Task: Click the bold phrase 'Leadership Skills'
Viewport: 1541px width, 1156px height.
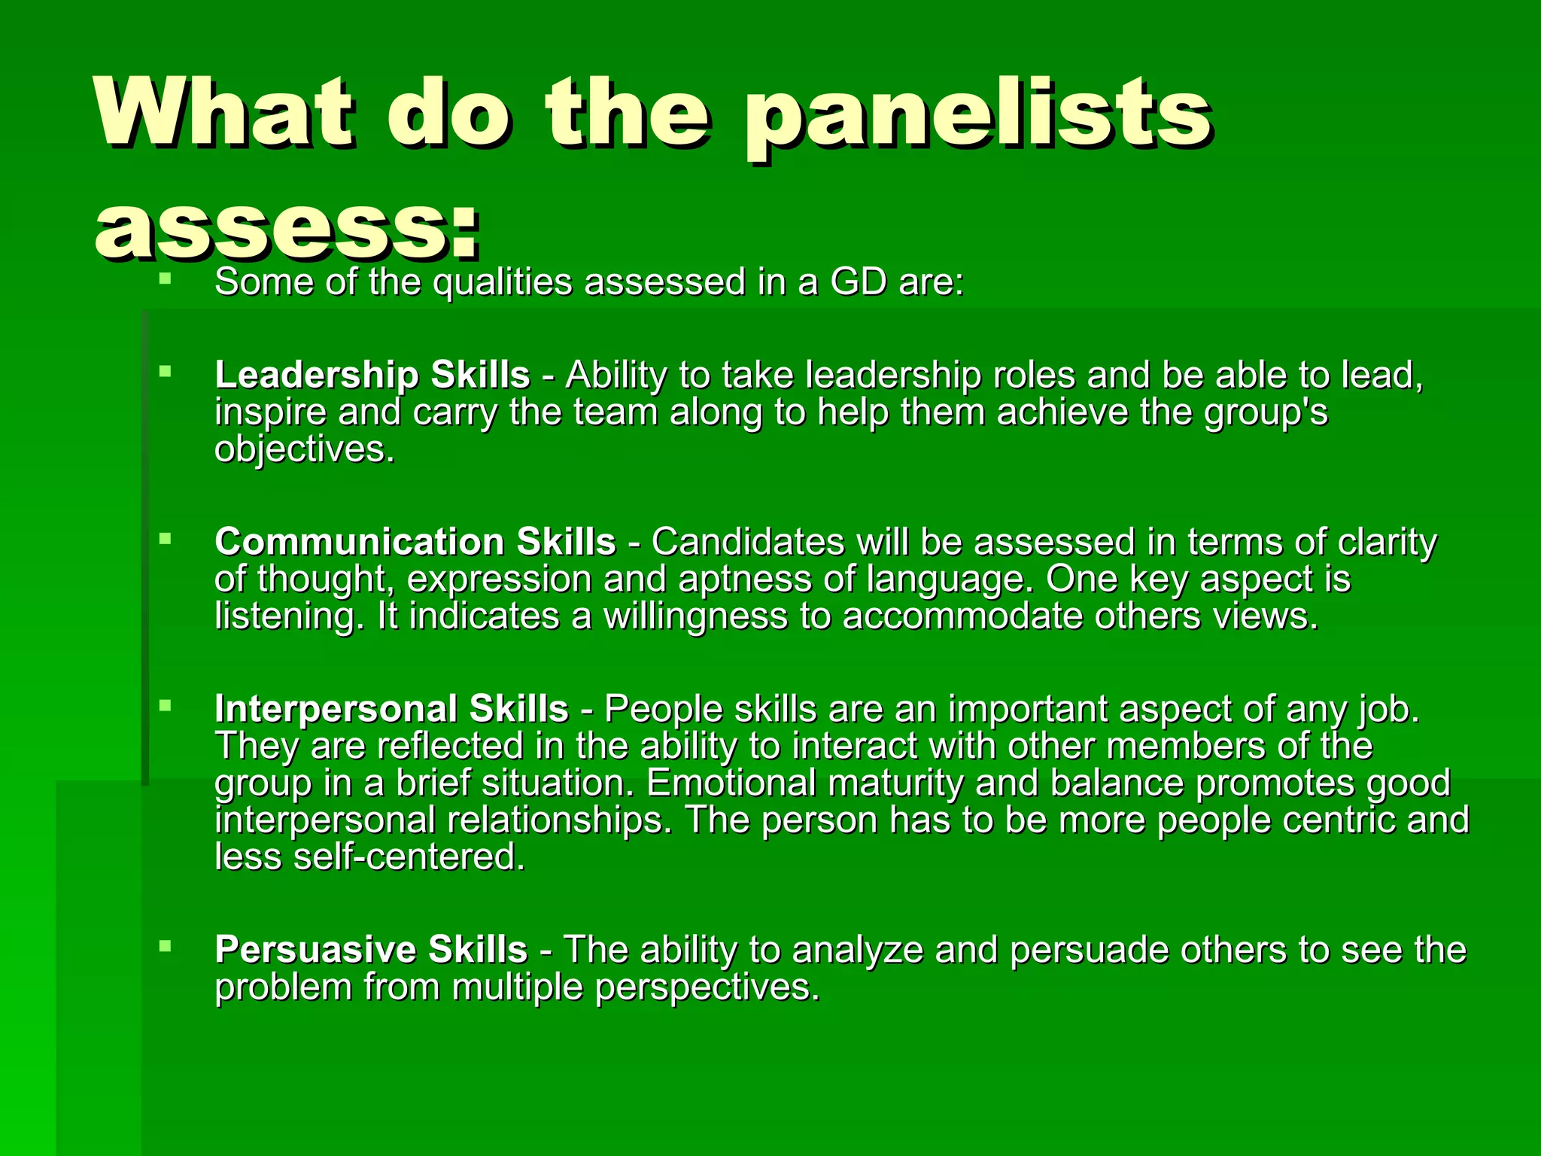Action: click(x=372, y=375)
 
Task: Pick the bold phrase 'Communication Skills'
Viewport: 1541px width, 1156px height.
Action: click(x=415, y=542)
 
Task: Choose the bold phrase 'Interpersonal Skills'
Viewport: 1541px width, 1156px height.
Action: click(x=391, y=709)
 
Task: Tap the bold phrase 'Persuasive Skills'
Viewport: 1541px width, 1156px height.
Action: click(x=371, y=950)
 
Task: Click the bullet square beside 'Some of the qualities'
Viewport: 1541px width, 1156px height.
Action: click(x=166, y=280)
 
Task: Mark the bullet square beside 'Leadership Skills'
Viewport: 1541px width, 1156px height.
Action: click(x=166, y=371)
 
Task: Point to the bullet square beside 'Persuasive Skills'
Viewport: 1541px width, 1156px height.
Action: click(x=166, y=946)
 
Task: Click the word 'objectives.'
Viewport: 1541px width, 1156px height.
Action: click(x=305, y=450)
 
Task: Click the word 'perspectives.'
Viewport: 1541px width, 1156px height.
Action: click(x=707, y=988)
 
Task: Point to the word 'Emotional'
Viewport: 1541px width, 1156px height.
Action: click(x=731, y=783)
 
